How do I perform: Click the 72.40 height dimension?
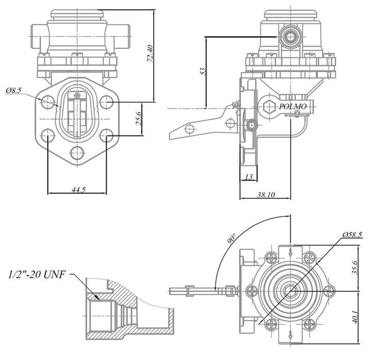150,53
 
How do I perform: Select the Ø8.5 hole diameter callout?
14,90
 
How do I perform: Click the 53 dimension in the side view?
202,71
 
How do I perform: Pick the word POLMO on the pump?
293,107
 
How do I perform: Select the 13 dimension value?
248,177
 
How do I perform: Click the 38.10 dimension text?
265,195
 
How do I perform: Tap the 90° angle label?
231,238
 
